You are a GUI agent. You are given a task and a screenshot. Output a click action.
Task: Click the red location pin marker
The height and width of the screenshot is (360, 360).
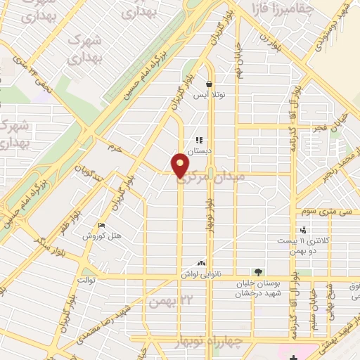[181, 166]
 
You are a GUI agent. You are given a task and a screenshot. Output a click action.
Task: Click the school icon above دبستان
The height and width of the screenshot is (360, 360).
[200, 140]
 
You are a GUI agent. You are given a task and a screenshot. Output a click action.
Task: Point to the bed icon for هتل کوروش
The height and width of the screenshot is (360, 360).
[103, 226]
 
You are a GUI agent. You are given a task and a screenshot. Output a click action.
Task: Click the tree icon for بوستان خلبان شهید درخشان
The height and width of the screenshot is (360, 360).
[259, 272]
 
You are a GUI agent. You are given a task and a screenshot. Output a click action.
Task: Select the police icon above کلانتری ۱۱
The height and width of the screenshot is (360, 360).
[303, 230]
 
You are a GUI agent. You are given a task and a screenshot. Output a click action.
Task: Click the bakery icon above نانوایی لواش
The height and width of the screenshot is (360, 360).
[202, 263]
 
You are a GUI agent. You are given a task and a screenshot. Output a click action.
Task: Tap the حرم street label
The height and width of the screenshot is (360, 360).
[114, 148]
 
